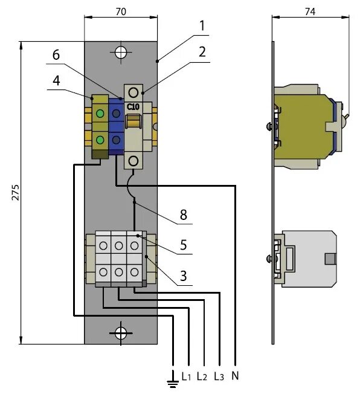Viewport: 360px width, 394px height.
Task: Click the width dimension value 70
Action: [x=121, y=11]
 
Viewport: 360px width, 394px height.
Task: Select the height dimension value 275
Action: [x=15, y=193]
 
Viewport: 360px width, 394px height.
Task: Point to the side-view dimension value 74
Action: [x=310, y=11]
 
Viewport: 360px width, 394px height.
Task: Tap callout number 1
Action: [x=202, y=26]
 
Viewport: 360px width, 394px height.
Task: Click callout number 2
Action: [x=202, y=52]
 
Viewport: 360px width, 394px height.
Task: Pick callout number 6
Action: [x=56, y=55]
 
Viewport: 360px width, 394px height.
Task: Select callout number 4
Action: [x=56, y=80]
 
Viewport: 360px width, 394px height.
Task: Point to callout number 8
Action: [x=184, y=215]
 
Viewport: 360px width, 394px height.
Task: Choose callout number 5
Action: [x=184, y=245]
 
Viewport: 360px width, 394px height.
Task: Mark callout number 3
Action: [x=184, y=276]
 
